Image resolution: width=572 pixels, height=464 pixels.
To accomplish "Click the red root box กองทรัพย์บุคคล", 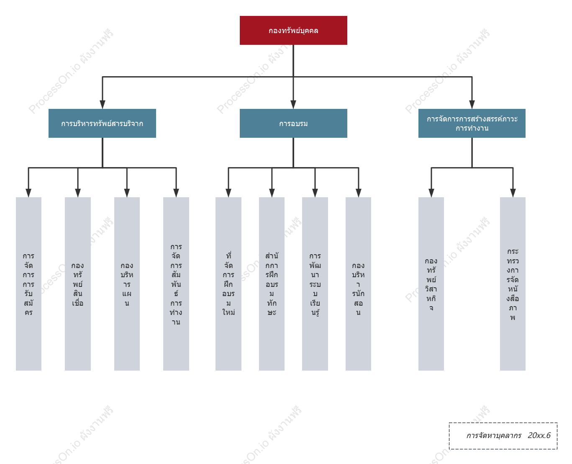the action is tap(293, 30).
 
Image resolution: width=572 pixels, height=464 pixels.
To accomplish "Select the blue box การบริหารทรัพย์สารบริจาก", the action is tap(102, 123).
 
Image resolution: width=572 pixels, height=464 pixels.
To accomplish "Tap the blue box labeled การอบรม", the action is tap(293, 123).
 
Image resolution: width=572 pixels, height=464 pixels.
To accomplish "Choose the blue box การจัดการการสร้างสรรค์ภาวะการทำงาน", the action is tap(472, 123).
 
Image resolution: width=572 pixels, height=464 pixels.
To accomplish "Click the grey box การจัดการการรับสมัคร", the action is tap(28, 284).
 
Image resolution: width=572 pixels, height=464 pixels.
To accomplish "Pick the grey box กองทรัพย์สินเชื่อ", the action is tap(77, 284).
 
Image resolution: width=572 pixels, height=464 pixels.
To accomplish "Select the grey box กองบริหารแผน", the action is tap(127, 284).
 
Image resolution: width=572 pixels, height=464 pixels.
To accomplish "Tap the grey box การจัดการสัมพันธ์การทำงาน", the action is tap(176, 284).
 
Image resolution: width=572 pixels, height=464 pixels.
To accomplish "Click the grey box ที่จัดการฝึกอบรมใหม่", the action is tap(228, 284).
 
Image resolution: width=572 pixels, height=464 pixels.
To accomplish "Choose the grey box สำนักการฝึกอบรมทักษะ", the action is tap(272, 284).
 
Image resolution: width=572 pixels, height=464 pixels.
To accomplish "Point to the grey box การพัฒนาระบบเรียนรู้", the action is tap(315, 284).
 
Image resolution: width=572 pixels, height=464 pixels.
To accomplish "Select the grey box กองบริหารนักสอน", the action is tap(358, 284).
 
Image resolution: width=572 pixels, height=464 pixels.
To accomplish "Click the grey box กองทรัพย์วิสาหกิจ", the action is tap(431, 284).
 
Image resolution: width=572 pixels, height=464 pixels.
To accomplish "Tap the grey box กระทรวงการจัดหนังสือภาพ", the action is tap(513, 284).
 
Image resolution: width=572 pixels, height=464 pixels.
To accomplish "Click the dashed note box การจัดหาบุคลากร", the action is tap(503, 436).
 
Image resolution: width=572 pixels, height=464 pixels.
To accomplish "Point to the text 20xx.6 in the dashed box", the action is tap(539, 435).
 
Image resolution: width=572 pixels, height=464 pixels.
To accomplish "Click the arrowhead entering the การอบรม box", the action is tap(293, 105).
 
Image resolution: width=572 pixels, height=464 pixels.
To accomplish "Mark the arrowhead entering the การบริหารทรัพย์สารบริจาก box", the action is tap(103, 105).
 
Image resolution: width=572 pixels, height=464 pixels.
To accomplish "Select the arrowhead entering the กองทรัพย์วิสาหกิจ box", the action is tap(431, 193).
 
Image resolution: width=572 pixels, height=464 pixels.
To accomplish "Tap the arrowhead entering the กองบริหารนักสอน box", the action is tap(358, 193).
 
